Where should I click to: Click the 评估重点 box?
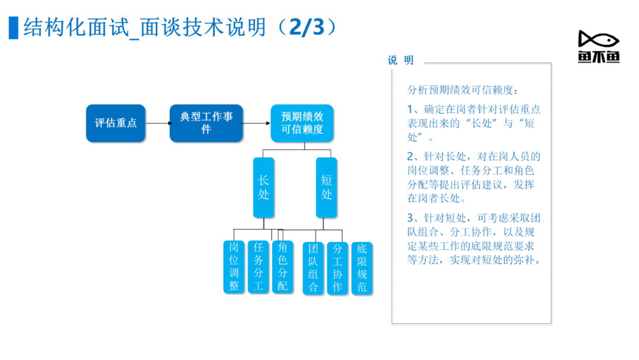[116, 123]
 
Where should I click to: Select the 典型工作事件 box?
[206, 123]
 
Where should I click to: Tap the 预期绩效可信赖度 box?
[302, 123]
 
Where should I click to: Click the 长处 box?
[264, 188]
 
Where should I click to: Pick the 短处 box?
[327, 188]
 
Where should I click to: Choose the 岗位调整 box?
[234, 267]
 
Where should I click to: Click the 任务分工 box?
[259, 267]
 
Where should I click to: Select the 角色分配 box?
[282, 267]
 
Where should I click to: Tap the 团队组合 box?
[313, 268]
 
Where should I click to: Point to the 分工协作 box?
[337, 268]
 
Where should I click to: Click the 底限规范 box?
[362, 268]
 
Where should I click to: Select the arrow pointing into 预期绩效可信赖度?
[257, 123]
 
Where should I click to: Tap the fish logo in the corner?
[599, 46]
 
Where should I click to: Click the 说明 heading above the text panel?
[401, 60]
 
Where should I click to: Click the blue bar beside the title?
[14, 28]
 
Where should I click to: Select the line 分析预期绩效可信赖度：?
[463, 90]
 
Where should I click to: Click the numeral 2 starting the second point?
[411, 156]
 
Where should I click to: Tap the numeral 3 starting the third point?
[411, 218]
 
